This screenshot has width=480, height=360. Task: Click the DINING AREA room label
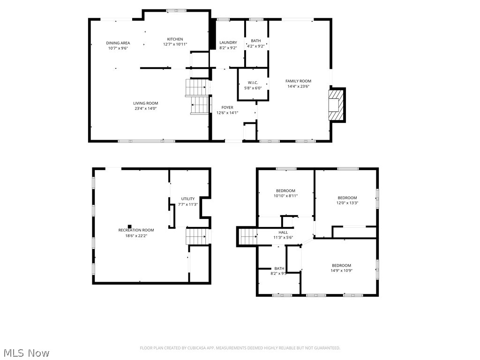point(118,43)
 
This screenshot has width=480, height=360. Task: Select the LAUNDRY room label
point(228,43)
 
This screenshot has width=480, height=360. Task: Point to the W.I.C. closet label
point(253,83)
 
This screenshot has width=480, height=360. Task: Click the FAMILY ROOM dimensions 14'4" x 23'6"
point(298,86)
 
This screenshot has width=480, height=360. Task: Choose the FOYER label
point(227,108)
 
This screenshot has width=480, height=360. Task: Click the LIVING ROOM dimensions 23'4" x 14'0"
point(145,109)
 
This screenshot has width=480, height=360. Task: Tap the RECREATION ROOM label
point(136,230)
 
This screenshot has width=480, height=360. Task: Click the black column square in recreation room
point(130,226)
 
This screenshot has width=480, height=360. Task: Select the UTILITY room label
point(188,199)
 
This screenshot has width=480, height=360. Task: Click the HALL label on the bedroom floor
point(283,232)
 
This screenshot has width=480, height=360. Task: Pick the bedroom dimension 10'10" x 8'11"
point(285,196)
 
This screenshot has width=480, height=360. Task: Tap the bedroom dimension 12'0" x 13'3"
point(347,203)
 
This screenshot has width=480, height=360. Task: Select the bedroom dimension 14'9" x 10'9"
point(341,271)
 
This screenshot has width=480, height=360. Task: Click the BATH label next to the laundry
point(255,41)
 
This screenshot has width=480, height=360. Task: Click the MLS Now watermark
point(25,352)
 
